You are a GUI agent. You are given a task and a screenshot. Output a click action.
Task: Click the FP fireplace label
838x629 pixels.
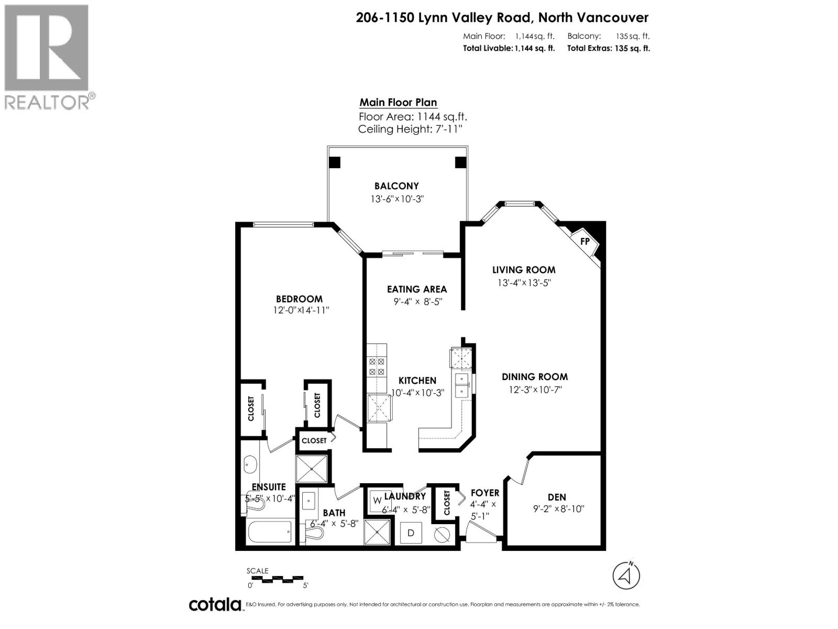pyautogui.click(x=585, y=242)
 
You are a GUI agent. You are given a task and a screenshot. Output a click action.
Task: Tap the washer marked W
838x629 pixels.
pyautogui.click(x=377, y=501)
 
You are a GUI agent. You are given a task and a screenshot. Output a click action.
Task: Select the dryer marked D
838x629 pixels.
pyautogui.click(x=411, y=533)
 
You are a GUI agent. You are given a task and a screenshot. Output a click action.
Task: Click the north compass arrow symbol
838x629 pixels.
pyautogui.click(x=626, y=576)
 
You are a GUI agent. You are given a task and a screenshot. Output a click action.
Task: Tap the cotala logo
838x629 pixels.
pyautogui.click(x=215, y=604)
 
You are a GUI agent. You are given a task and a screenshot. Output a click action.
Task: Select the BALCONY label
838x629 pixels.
pyautogui.click(x=396, y=186)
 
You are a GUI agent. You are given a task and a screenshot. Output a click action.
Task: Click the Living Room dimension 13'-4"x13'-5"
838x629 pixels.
pyautogui.click(x=524, y=283)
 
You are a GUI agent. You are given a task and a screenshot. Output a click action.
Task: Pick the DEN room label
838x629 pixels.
pyautogui.click(x=557, y=497)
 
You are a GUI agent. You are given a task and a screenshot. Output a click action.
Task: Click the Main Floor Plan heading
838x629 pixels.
pyautogui.click(x=398, y=103)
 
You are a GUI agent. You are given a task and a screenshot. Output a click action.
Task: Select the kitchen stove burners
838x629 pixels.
pyautogui.click(x=377, y=366)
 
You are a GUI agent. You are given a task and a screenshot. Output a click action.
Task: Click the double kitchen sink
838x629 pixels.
pyautogui.click(x=462, y=385)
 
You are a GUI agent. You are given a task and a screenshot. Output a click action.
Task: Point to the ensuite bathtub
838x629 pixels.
pyautogui.click(x=269, y=532)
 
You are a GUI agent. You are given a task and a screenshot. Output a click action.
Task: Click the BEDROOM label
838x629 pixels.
pyautogui.click(x=299, y=299)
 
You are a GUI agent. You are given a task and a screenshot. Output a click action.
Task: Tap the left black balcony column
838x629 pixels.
pyautogui.click(x=334, y=162)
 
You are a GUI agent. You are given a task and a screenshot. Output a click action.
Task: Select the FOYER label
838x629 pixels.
pyautogui.click(x=484, y=493)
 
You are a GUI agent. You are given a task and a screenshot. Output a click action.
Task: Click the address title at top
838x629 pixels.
pyautogui.click(x=502, y=18)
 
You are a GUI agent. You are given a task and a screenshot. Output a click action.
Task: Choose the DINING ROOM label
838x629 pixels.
pyautogui.click(x=534, y=377)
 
